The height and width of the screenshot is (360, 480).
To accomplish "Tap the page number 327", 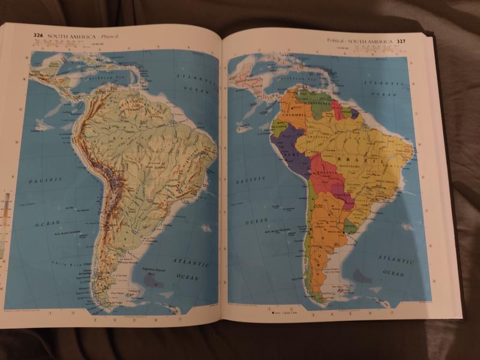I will pyautogui.click(x=401, y=41).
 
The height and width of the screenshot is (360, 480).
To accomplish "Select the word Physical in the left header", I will pyautogui.click(x=110, y=37).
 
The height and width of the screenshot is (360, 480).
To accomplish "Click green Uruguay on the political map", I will pyautogui.click(x=350, y=227).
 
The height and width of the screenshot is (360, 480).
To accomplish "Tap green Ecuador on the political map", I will pyautogui.click(x=277, y=127).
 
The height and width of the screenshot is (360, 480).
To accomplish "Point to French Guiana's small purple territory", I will pyautogui.click(x=354, y=113).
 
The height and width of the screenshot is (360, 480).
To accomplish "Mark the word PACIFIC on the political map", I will pyautogui.click(x=250, y=180).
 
